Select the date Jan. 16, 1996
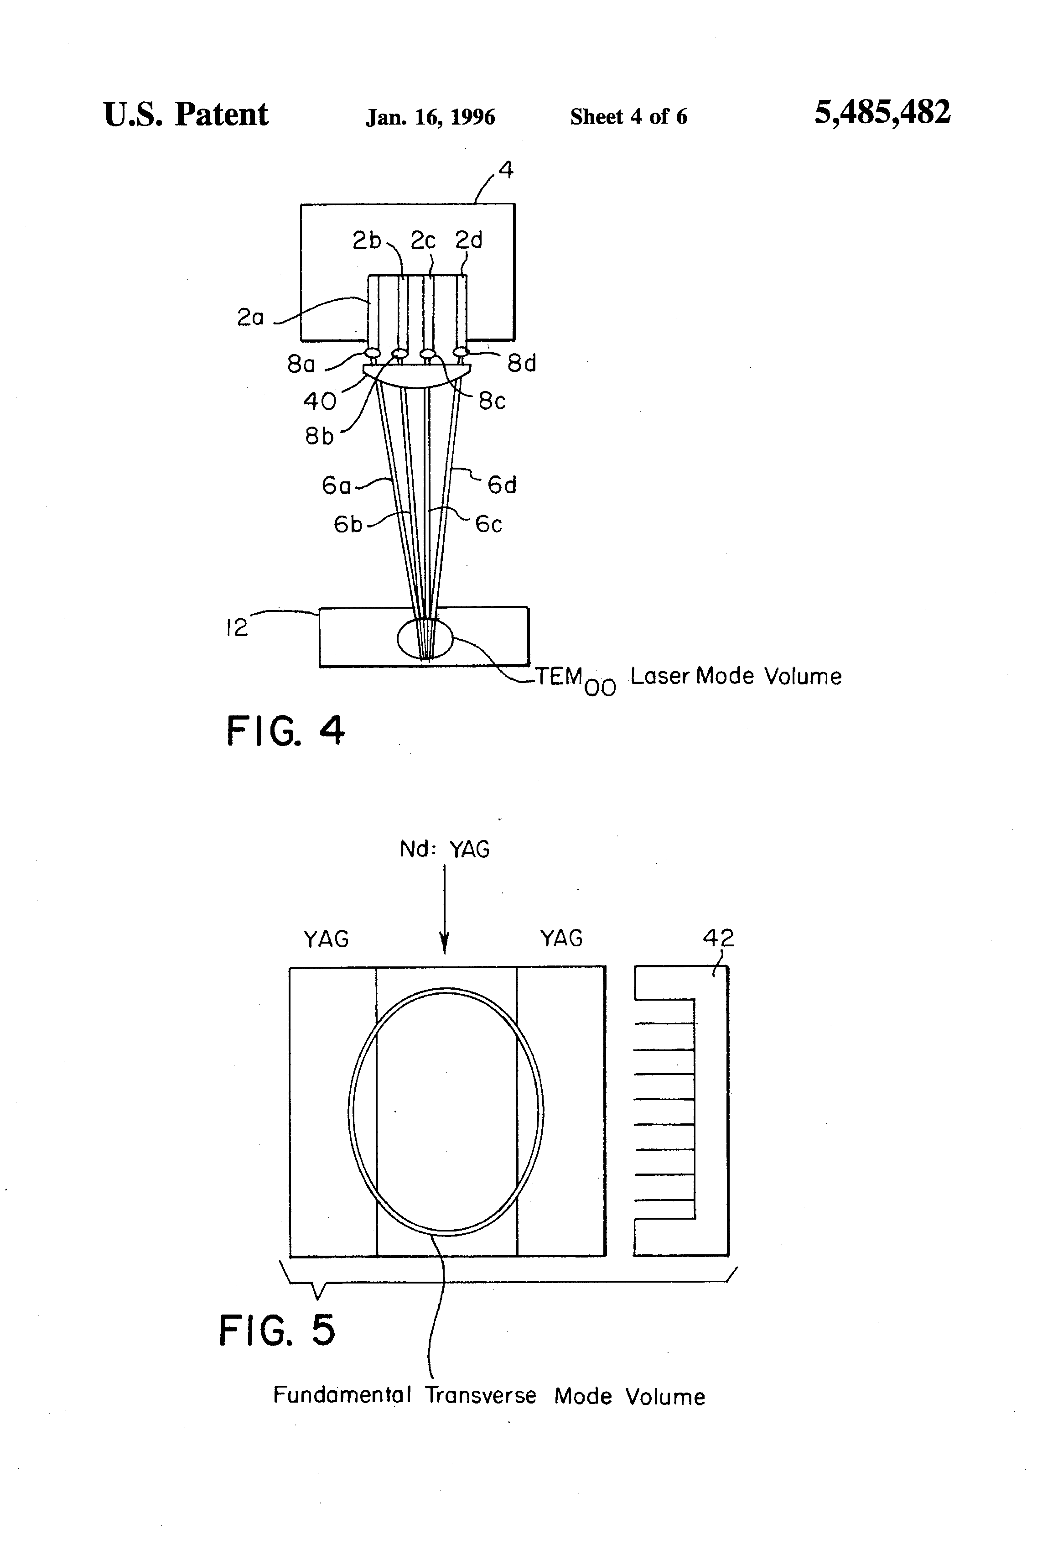(x=430, y=117)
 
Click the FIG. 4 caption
(x=285, y=730)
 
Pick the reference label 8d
(x=522, y=363)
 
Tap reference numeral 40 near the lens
(x=319, y=402)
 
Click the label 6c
(x=488, y=524)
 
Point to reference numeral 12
(x=236, y=628)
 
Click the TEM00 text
(x=575, y=680)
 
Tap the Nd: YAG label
(x=445, y=849)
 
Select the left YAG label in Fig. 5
(x=327, y=939)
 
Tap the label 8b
(x=319, y=436)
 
